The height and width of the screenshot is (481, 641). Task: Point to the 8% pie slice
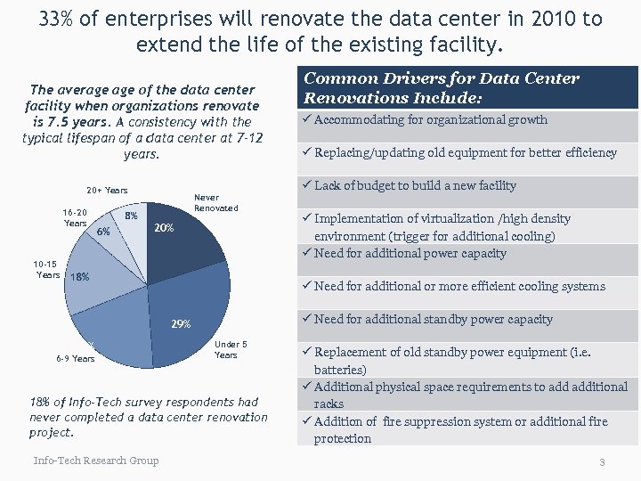131,218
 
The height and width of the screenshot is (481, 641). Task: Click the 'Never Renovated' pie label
215,203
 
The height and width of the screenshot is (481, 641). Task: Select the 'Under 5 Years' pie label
231,349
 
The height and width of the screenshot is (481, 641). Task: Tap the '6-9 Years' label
75,359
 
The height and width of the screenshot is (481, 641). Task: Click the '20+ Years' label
107,190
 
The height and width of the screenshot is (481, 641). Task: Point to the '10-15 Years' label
47,269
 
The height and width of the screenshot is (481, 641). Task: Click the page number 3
602,462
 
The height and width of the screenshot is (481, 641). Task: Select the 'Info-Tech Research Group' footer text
96,461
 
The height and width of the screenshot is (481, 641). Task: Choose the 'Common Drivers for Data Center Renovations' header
442,88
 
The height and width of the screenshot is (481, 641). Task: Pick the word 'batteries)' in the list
340,369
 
